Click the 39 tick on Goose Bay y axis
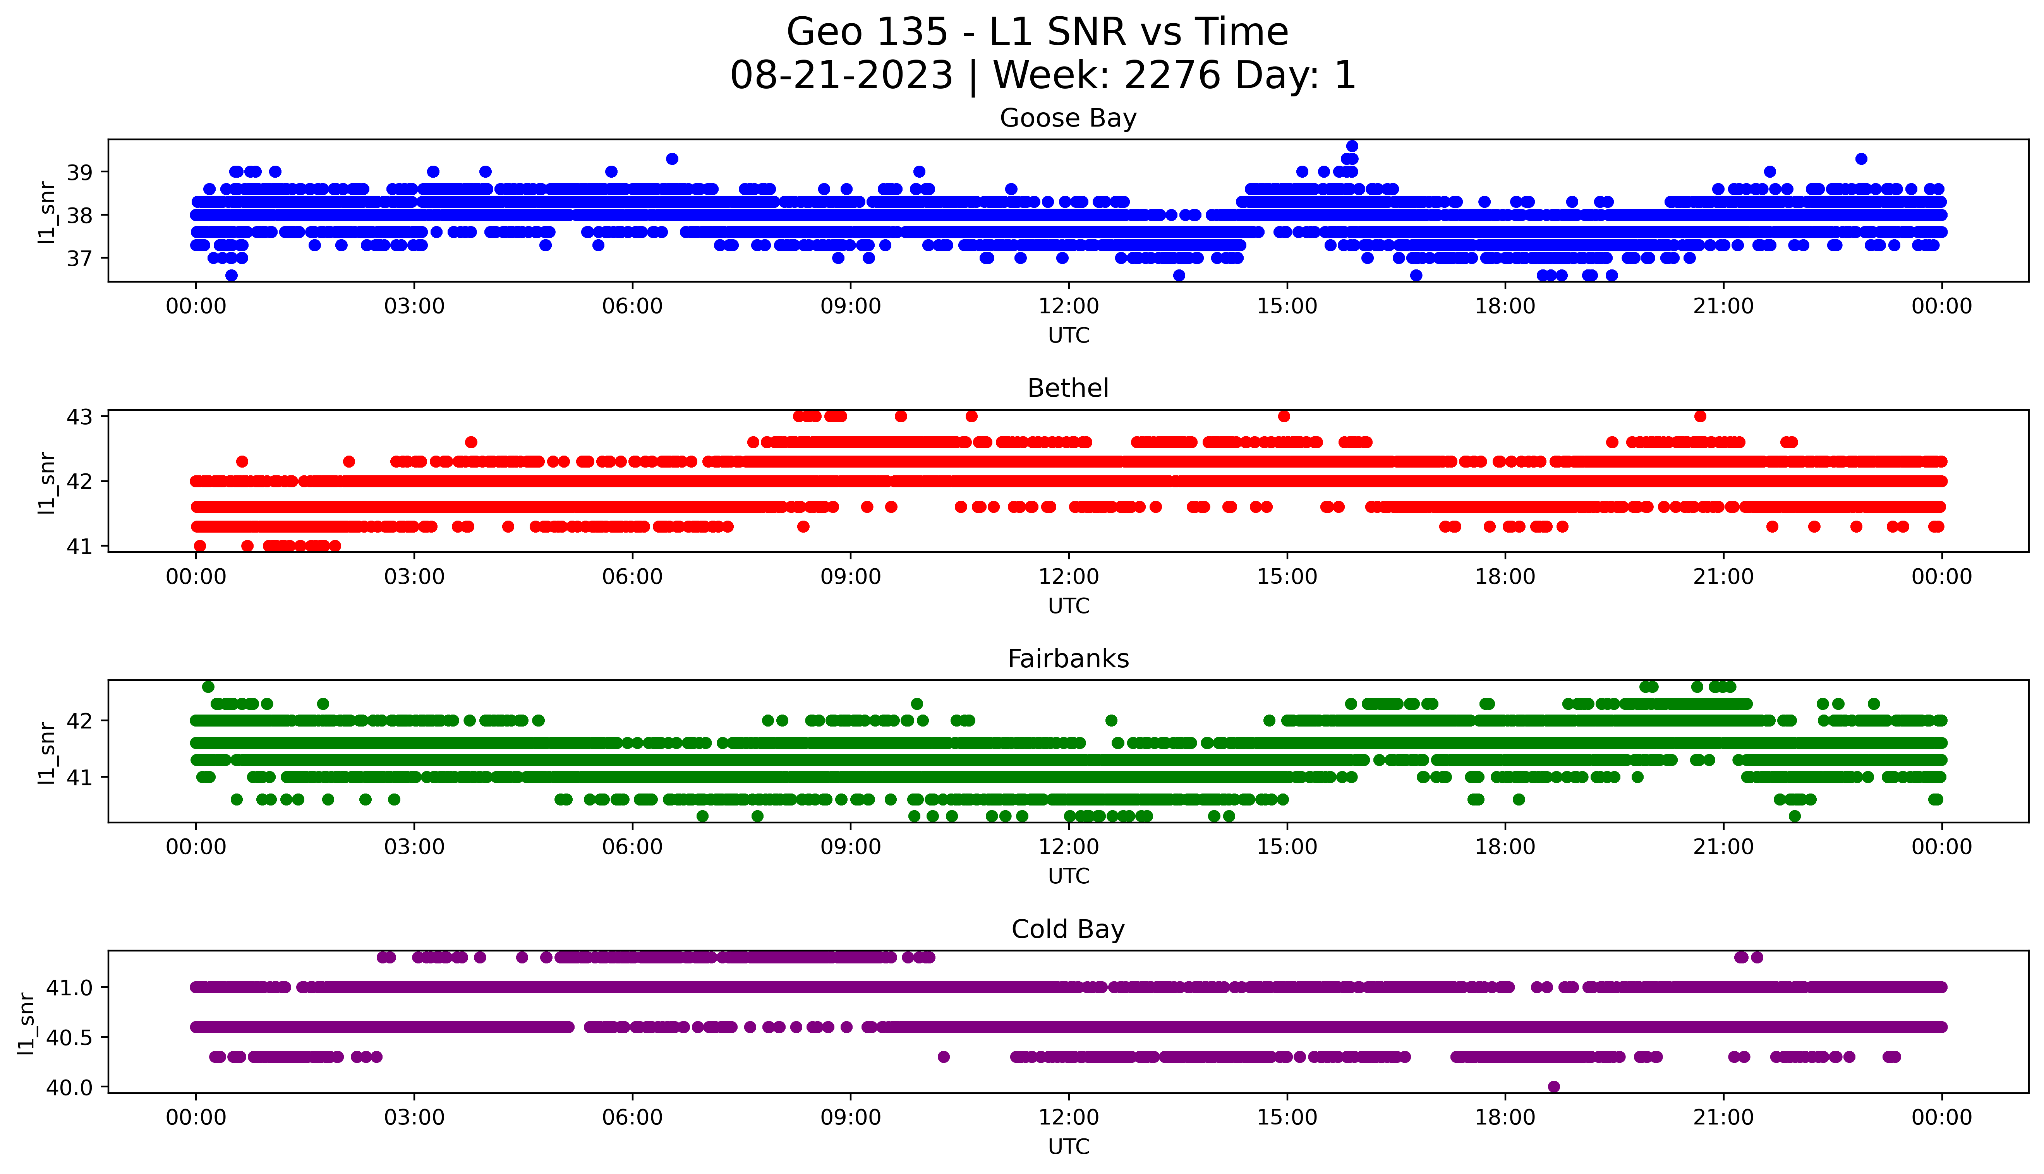[84, 172]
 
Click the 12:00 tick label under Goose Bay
[1068, 307]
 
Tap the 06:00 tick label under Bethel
[632, 578]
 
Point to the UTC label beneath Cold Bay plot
[1068, 1147]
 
